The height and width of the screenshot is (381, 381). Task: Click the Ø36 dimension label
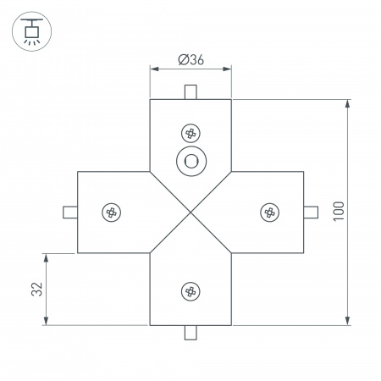pos(190,59)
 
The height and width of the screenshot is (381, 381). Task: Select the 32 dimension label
pos(36,289)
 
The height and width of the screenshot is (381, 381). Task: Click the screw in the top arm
pos(190,133)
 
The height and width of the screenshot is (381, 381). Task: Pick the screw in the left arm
pos(110,212)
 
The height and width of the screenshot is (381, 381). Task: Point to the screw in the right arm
pos(270,212)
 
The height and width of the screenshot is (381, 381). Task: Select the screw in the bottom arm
pos(190,291)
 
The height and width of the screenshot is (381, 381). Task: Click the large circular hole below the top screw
pos(190,161)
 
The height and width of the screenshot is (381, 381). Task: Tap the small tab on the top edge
pos(190,91)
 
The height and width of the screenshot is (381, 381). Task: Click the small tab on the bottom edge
pos(190,333)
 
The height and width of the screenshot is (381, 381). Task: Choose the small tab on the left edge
pos(69,212)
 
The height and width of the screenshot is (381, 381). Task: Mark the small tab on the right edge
pos(311,212)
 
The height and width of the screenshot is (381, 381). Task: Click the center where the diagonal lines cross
pos(190,212)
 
